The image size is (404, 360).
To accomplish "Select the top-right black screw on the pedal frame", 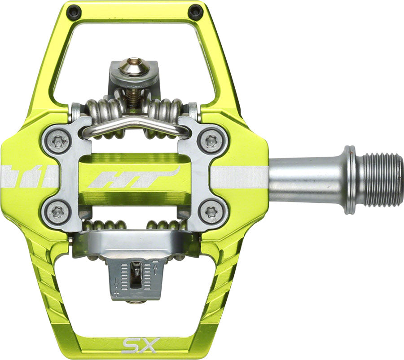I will [x=195, y=11].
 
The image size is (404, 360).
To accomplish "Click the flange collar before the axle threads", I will [x=352, y=178].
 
